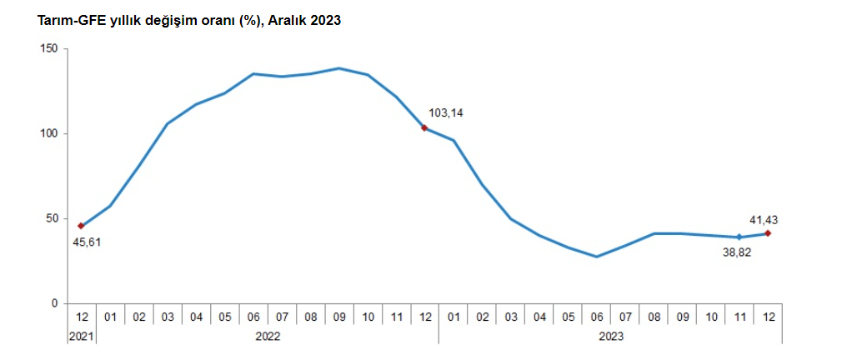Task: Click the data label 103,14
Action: [x=445, y=112]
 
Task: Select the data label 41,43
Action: [x=764, y=220]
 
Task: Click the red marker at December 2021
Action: [x=81, y=226]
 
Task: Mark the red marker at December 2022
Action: [x=424, y=127]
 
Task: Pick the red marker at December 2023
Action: [x=767, y=233]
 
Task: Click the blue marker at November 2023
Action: [x=739, y=237]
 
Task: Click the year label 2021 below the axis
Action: [x=82, y=336]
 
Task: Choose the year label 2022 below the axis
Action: [x=268, y=336]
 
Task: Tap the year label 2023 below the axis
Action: [x=610, y=336]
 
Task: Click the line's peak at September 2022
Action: [x=338, y=68]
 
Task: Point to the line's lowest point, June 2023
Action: [x=596, y=257]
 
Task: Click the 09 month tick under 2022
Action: [x=338, y=317]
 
